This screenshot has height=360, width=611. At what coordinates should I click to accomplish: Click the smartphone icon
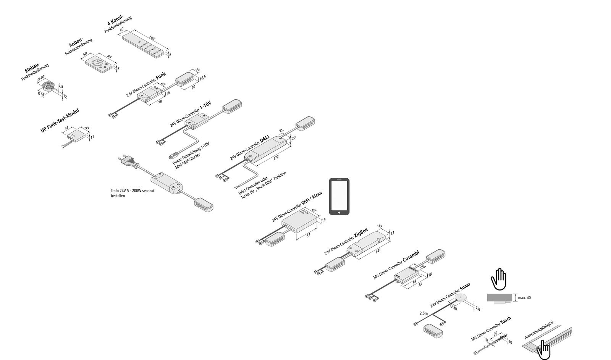tap(339, 197)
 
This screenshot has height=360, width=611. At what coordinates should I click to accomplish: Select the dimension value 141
tap(378, 250)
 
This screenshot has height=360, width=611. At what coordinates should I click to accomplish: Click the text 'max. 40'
tap(524, 297)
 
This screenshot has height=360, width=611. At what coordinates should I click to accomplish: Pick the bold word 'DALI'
tap(265, 140)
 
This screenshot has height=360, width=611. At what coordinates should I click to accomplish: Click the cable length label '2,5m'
tap(423, 313)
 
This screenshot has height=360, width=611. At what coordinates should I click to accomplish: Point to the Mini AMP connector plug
tap(172, 155)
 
